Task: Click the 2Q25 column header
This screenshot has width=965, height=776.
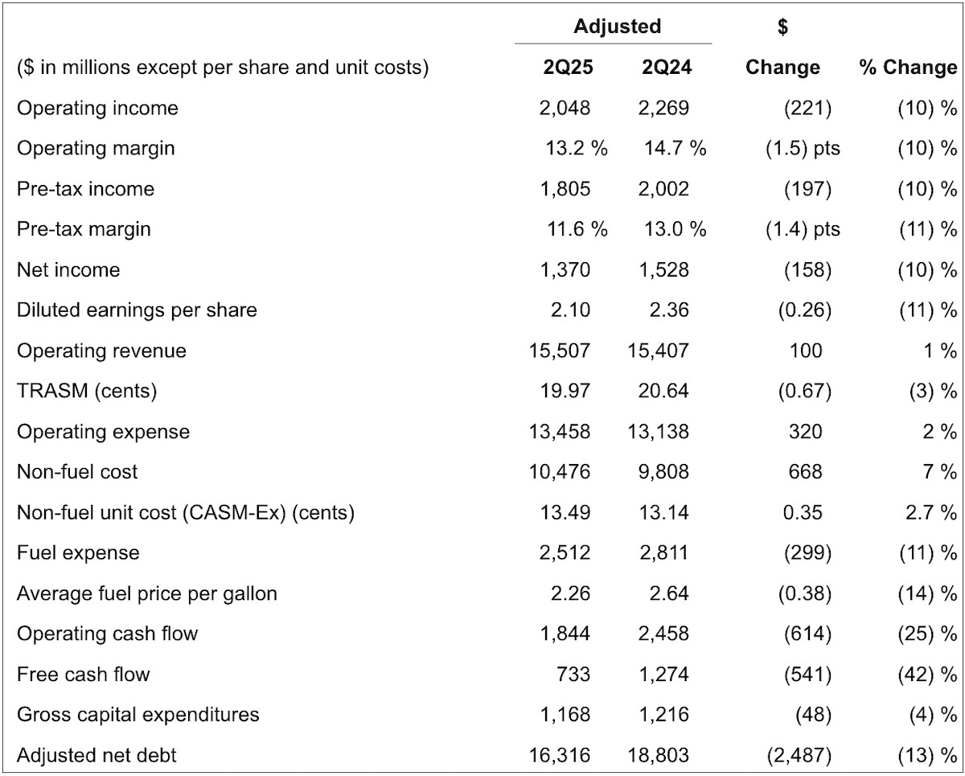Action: click(x=569, y=68)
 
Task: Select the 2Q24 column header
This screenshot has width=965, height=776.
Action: click(x=667, y=68)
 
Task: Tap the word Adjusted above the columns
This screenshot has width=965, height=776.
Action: click(x=618, y=27)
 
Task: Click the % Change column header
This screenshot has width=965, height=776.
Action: click(x=908, y=68)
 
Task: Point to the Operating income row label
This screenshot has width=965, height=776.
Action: click(x=98, y=108)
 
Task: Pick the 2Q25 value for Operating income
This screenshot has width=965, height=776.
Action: click(x=565, y=108)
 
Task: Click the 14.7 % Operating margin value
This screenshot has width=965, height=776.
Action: click(x=675, y=149)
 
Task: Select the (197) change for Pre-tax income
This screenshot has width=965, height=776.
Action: click(x=808, y=189)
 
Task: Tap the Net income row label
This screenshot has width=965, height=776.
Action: click(x=68, y=270)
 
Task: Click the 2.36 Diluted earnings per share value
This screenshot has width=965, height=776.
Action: click(x=669, y=310)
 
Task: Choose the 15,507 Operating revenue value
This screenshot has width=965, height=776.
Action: click(x=560, y=351)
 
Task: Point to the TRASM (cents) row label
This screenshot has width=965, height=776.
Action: click(x=87, y=391)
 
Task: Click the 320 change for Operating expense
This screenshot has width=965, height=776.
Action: click(x=806, y=432)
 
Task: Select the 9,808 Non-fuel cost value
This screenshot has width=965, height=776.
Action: click(x=663, y=472)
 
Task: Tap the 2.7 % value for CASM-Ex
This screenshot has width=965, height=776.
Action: click(x=931, y=513)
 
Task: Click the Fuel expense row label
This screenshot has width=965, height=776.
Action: click(x=78, y=553)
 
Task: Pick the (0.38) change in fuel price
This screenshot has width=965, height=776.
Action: click(x=805, y=594)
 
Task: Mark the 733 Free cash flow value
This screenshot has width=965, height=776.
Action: click(x=573, y=675)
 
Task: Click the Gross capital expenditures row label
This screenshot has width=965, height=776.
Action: click(x=138, y=715)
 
